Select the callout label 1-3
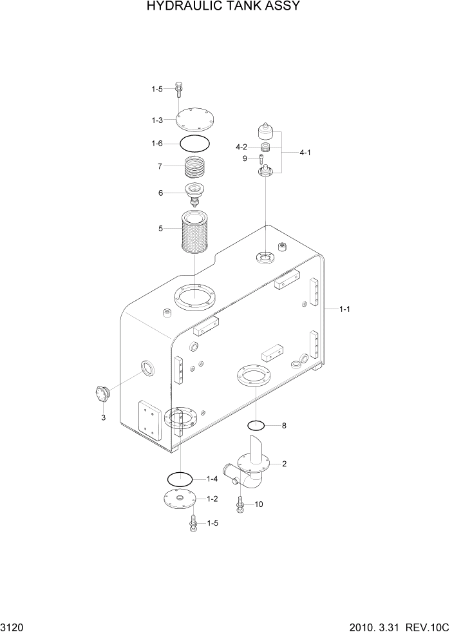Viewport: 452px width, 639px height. [157, 120]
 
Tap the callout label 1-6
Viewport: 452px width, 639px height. [157, 144]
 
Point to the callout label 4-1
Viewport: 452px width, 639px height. [305, 153]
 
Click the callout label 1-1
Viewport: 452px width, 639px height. [344, 310]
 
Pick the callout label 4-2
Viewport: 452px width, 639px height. [242, 147]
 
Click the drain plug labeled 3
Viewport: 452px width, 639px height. [102, 392]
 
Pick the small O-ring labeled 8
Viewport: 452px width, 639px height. [256, 425]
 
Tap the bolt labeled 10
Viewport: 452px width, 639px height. [240, 504]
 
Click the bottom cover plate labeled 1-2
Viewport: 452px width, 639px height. [178, 499]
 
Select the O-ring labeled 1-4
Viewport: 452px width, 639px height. [180, 479]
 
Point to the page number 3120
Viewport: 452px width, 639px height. [14, 627]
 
